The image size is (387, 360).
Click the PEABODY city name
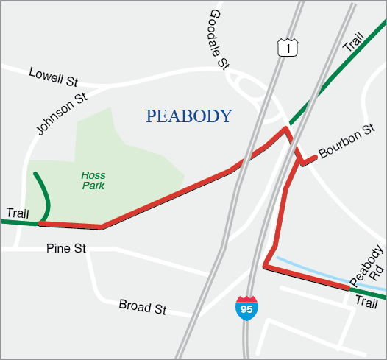pos(189,116)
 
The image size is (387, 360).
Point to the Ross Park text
pos(93,181)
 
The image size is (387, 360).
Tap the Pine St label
pos(65,249)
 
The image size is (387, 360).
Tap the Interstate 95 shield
pos(246,308)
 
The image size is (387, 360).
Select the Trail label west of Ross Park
pos(17,213)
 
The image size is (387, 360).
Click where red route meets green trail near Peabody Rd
pos(348,289)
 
